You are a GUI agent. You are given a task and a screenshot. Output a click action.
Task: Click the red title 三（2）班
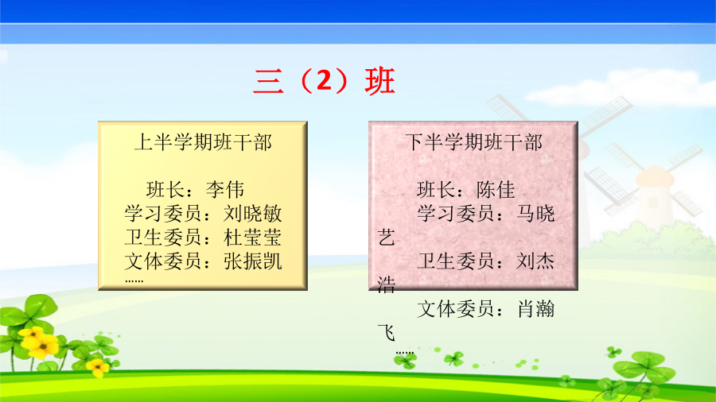click(x=325, y=81)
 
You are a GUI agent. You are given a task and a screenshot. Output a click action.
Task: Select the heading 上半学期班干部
click(x=203, y=142)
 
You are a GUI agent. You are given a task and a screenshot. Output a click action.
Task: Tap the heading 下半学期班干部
click(x=473, y=142)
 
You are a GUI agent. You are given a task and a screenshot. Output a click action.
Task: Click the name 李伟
click(x=225, y=190)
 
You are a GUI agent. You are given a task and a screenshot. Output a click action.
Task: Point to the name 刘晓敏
click(x=252, y=213)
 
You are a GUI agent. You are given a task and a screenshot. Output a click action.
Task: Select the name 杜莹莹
click(x=252, y=238)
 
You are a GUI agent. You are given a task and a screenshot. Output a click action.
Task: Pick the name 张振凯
click(x=252, y=261)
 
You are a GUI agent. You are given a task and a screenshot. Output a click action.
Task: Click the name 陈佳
click(x=496, y=190)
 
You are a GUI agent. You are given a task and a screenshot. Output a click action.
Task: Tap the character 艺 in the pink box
click(x=387, y=238)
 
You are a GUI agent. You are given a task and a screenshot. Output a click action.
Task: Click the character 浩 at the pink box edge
click(x=387, y=285)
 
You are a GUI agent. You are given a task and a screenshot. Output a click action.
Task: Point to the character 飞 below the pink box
click(x=387, y=333)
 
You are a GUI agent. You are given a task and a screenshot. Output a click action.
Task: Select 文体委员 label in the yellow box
click(x=163, y=261)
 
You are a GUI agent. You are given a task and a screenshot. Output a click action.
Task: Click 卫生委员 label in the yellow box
click(x=163, y=238)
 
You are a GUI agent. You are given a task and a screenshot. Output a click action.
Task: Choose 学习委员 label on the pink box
click(x=456, y=213)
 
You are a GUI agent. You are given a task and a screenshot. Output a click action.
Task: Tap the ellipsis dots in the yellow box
click(x=134, y=280)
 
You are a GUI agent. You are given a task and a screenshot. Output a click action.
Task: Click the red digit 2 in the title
click(x=324, y=81)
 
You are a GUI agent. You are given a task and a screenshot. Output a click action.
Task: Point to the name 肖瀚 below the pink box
click(x=536, y=309)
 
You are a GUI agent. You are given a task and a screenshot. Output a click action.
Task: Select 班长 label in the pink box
click(x=436, y=190)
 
